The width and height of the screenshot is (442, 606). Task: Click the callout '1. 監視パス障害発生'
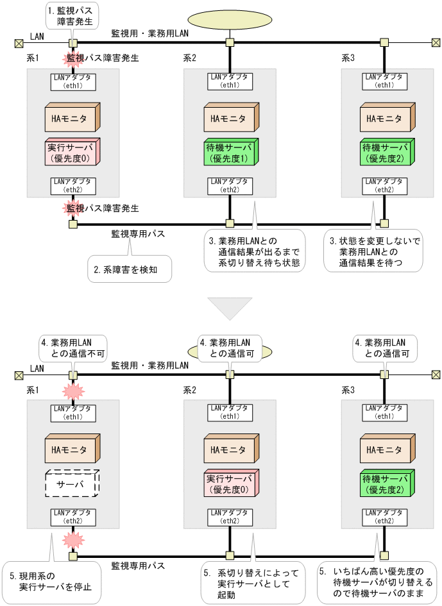coord(70,15)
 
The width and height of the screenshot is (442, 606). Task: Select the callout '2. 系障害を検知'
coord(130,269)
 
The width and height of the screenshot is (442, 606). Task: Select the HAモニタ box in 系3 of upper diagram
coord(385,119)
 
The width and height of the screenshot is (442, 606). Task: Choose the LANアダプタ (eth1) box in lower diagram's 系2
coord(229,412)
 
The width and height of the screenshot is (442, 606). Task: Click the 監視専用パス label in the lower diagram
coord(138,566)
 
